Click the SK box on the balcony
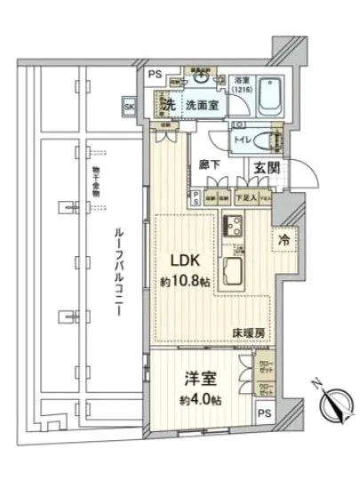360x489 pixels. pos(131,108)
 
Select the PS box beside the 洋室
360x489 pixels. pos(264,414)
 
